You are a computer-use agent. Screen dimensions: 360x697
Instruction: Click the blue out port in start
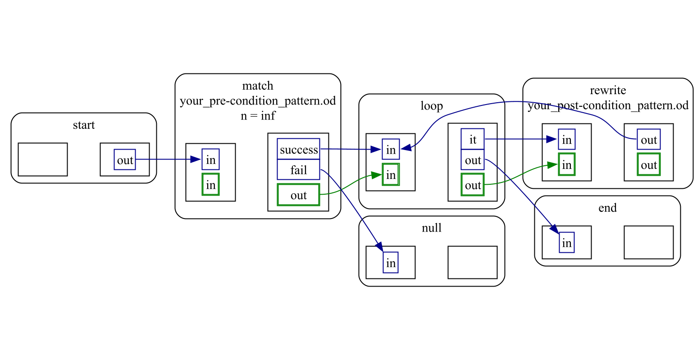coord(125,159)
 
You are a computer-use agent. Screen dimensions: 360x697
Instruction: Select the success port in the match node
coord(298,149)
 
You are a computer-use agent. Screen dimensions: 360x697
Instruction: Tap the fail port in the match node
coord(298,170)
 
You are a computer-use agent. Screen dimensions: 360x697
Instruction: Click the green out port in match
coord(298,195)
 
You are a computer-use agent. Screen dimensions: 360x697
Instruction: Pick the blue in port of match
coord(210,159)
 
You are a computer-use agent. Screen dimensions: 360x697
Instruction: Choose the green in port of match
coord(210,185)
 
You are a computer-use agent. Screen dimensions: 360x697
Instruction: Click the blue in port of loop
coord(391,149)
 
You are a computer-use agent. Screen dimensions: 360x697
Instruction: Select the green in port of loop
coord(391,174)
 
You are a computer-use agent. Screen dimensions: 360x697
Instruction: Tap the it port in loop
coord(472,139)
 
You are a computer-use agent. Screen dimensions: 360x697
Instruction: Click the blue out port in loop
coord(472,160)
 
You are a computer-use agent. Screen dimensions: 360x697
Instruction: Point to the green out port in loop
coord(472,185)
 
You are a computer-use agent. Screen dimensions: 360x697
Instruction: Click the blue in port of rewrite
coord(566,139)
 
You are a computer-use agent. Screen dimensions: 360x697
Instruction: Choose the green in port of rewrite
coord(566,164)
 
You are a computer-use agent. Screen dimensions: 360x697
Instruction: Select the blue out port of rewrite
coord(648,139)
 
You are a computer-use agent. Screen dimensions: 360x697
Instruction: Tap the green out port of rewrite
coord(648,164)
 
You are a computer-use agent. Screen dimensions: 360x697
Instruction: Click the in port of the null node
coord(391,262)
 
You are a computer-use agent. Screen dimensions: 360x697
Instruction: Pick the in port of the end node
coord(566,242)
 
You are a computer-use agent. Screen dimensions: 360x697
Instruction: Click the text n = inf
coord(258,116)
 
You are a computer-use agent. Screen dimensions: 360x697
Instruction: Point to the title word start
coord(84,125)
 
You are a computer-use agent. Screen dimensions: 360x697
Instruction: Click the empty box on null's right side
coord(472,262)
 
